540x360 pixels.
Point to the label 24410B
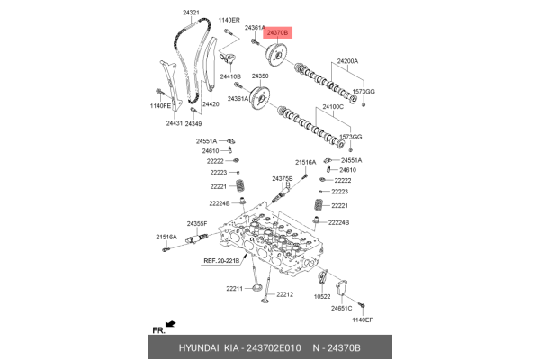[230, 77]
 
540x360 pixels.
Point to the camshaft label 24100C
[334, 107]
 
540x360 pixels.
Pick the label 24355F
[197, 223]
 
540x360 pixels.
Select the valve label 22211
[234, 289]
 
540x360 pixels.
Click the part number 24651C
[341, 309]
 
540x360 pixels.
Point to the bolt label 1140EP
[362, 320]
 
